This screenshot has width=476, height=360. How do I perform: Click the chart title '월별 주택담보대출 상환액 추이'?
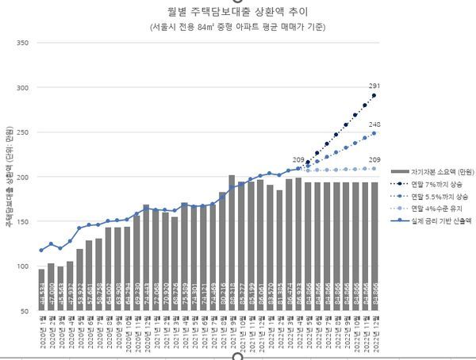click(237, 12)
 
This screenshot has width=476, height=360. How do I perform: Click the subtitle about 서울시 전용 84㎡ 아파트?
click(237, 27)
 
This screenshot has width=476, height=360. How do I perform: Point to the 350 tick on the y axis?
click(23, 43)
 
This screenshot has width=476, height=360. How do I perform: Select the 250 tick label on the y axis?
click(23, 132)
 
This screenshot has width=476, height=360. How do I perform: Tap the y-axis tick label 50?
click(25, 312)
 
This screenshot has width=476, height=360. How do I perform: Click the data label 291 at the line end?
click(374, 86)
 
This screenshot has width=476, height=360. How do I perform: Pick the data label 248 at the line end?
click(374, 124)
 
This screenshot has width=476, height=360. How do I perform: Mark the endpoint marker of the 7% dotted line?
click(374, 95)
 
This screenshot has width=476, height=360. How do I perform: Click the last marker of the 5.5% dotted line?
click(374, 133)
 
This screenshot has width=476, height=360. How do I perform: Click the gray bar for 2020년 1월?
click(41, 290)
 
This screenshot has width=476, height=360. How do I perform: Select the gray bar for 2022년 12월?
click(374, 247)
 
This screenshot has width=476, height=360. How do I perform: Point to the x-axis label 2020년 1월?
click(41, 333)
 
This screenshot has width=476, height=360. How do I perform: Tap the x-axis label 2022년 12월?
click(374, 333)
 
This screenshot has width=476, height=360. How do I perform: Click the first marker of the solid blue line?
click(41, 250)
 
